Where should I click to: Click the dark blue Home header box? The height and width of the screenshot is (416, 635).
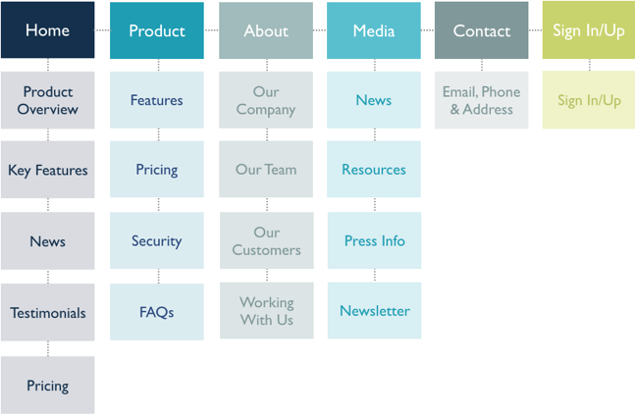click(x=47, y=30)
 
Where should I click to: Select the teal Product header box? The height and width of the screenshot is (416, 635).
click(x=157, y=30)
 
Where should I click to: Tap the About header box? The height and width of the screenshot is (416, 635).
click(x=266, y=30)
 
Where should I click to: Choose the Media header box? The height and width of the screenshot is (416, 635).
click(x=374, y=30)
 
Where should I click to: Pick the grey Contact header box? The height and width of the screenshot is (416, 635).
click(x=481, y=30)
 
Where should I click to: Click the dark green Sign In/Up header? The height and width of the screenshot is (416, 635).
click(x=589, y=30)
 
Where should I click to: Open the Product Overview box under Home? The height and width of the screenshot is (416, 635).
click(x=47, y=100)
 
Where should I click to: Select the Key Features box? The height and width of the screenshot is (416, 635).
click(x=47, y=170)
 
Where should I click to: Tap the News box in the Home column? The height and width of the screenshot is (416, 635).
click(x=47, y=241)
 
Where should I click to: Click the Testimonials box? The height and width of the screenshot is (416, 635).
click(x=47, y=313)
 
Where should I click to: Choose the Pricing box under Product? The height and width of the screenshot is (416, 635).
click(x=157, y=170)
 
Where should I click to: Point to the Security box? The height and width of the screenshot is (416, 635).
click(x=157, y=241)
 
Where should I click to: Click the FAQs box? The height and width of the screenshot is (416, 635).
click(x=157, y=312)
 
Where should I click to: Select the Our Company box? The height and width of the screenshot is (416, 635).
click(x=266, y=100)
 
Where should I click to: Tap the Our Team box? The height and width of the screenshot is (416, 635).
click(x=266, y=170)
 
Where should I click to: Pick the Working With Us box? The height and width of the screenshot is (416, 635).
click(x=266, y=311)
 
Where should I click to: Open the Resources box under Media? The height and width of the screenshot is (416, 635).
click(x=374, y=170)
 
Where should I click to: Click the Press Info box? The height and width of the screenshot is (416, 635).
click(x=374, y=241)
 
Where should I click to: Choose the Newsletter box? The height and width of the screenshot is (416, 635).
click(x=374, y=311)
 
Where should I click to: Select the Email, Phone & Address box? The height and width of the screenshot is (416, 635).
click(x=481, y=100)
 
